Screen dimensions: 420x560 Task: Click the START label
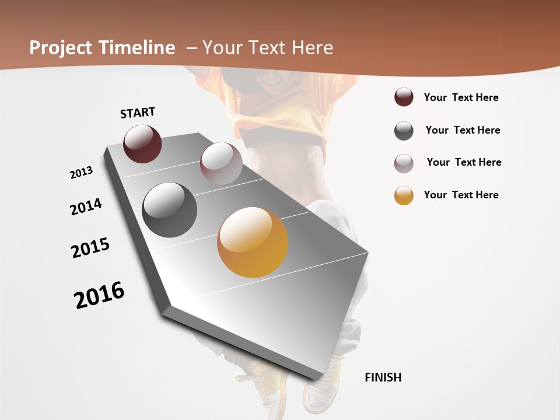pos(138,112)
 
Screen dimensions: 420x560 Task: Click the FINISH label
pos(383,377)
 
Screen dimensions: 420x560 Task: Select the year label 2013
pos(81,173)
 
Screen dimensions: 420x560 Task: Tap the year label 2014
pos(86,206)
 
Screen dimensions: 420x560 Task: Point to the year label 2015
pos(90,248)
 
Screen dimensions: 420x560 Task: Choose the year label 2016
pos(99,295)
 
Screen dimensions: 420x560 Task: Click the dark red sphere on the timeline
pos(142,143)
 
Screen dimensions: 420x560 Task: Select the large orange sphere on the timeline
pos(253,242)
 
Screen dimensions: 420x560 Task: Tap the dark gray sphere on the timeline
pos(169,210)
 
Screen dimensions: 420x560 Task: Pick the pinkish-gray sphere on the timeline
pos(220,163)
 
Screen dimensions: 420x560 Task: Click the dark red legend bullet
pos(404,97)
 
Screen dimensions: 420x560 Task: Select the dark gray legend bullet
pos(404,131)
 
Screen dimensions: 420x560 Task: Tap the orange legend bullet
pos(404,195)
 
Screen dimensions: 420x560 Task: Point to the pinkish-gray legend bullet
pos(404,163)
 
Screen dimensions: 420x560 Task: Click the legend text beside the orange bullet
pos(461,195)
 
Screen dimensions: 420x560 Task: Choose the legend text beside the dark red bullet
pos(461,97)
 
